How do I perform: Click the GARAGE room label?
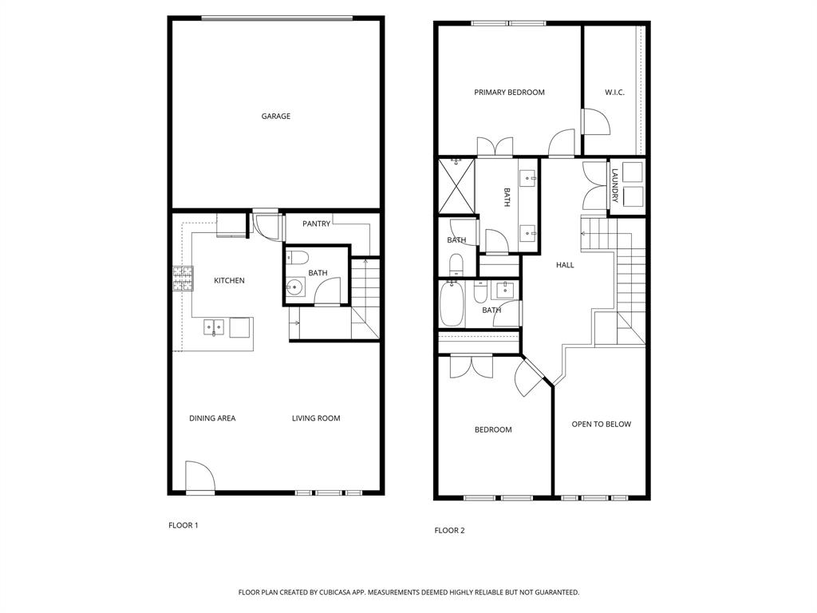click(275, 117)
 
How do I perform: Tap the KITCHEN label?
click(229, 281)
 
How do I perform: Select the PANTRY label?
click(316, 224)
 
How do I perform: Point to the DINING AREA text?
click(212, 418)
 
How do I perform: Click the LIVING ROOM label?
click(316, 418)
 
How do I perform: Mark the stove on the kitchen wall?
click(177, 278)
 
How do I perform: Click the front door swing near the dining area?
click(199, 477)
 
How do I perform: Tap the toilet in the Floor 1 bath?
click(297, 257)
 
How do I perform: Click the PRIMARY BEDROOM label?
click(509, 93)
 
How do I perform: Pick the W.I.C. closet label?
click(614, 93)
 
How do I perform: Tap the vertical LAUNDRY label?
click(615, 185)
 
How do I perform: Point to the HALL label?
click(565, 265)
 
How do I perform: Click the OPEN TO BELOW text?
click(601, 425)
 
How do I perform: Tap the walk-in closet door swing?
click(594, 121)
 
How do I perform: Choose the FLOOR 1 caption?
click(184, 525)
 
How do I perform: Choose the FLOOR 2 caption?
click(449, 531)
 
